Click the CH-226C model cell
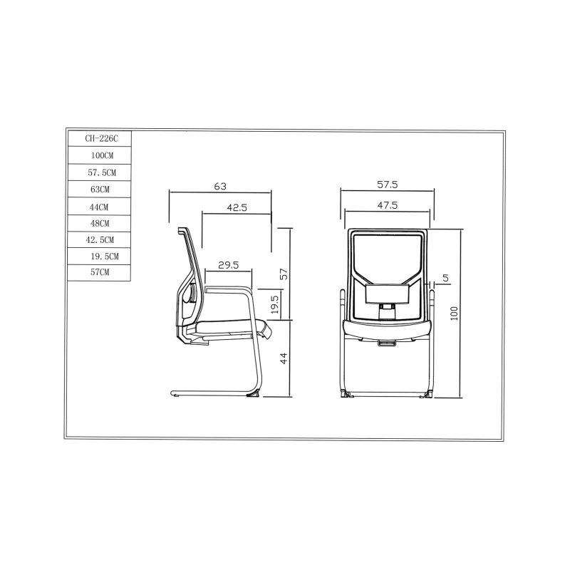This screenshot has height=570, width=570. (99, 138)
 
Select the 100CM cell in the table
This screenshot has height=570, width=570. (99, 155)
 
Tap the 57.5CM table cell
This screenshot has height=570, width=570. (99, 172)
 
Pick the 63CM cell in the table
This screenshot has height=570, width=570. (99, 189)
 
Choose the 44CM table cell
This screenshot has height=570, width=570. (99, 207)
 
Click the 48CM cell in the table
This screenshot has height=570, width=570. (99, 223)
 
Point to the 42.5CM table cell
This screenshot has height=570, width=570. (99, 240)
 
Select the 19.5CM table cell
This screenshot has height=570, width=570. (99, 256)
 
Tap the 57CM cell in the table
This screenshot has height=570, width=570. (99, 273)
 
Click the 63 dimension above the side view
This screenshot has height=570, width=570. (220, 186)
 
